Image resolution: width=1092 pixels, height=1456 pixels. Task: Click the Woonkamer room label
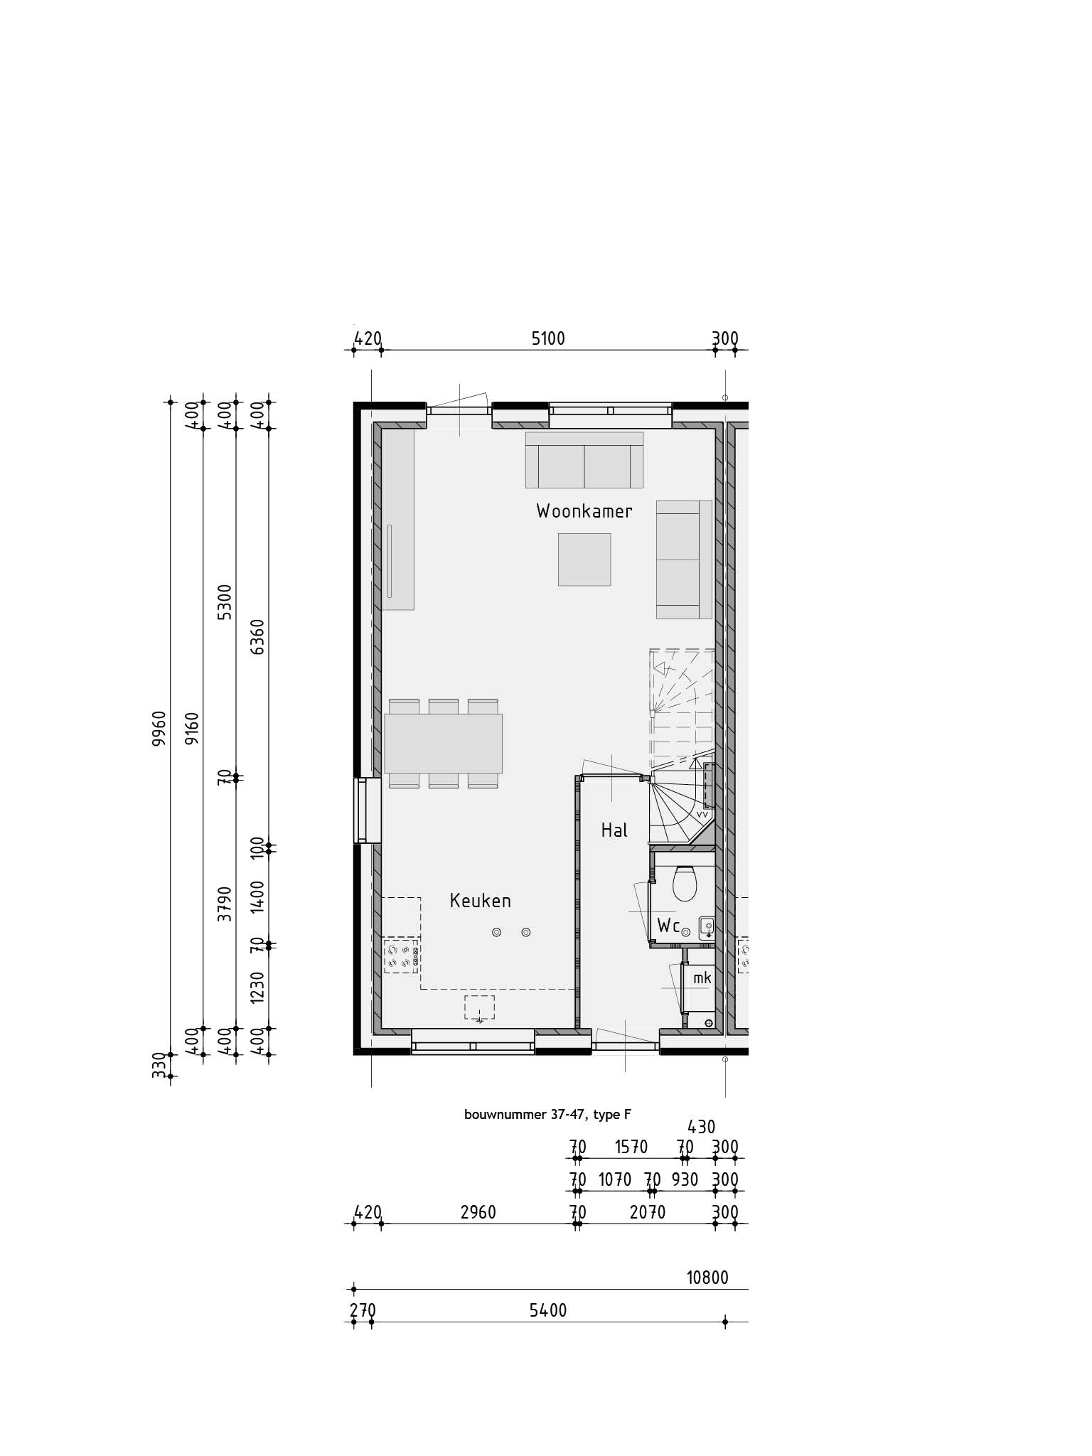coord(584,511)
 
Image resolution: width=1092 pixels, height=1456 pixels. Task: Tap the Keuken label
coord(481,901)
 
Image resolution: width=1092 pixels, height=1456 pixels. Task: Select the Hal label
coord(614,830)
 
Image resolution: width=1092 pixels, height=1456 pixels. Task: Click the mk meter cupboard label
coord(702,978)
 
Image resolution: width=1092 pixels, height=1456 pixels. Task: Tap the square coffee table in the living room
coord(584,560)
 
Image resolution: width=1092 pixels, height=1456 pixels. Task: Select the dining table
coord(444,743)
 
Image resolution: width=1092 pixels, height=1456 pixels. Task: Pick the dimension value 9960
coord(159,728)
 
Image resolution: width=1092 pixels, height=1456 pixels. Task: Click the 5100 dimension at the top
coord(548,338)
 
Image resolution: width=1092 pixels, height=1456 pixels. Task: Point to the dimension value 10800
coord(707,1278)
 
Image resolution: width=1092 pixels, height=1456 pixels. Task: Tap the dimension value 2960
coord(478,1212)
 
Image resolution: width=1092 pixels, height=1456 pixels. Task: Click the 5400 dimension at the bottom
coord(548,1310)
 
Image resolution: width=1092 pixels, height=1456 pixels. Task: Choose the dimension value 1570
coord(631,1147)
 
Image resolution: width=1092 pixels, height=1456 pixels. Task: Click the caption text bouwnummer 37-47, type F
coord(547,1115)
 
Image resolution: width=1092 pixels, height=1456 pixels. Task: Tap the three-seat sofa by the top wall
coord(584,460)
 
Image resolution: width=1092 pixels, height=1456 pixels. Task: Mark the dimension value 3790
coord(225,904)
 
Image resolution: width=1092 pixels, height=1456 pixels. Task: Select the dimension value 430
coord(702,1127)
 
